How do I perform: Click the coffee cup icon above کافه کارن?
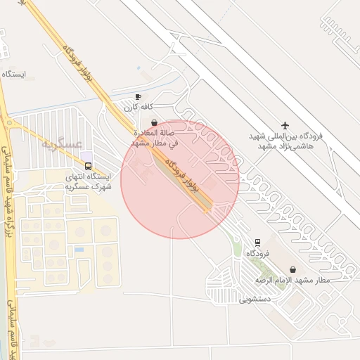click(x=138, y=97)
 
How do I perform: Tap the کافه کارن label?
click(x=139, y=108)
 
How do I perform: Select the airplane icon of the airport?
click(x=285, y=125)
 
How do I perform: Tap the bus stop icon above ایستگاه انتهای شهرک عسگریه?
click(x=87, y=166)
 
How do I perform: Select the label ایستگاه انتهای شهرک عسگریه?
click(x=87, y=182)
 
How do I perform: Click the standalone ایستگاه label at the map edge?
click(x=14, y=74)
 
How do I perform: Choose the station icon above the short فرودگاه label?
click(x=257, y=241)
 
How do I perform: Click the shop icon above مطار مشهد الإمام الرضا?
click(x=292, y=269)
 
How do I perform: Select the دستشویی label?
click(x=255, y=299)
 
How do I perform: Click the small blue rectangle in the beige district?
click(x=79, y=250)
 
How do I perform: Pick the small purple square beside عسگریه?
click(x=86, y=155)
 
